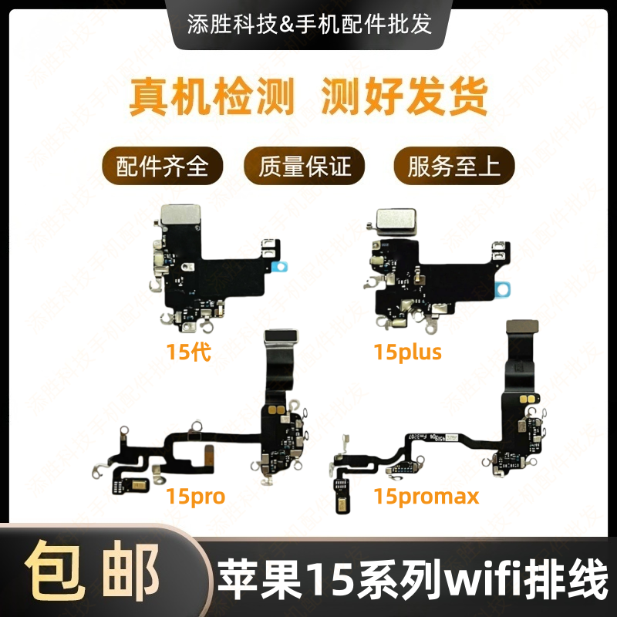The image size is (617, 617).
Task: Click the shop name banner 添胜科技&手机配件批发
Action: tap(309, 23)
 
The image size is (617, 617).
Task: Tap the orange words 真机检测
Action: tap(211, 99)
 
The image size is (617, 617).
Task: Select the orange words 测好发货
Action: tap(404, 99)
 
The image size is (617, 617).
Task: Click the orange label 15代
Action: tap(188, 353)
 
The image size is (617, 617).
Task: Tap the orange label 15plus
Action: tap(407, 353)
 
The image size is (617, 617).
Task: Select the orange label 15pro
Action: tap(195, 495)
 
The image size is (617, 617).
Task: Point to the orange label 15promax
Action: tap(427, 495)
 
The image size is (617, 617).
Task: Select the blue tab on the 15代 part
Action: tap(283, 266)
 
